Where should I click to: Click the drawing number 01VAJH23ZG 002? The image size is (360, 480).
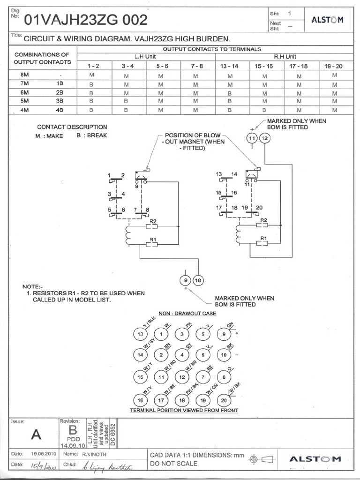point(86,20)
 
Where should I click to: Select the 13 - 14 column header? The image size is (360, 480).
point(229,66)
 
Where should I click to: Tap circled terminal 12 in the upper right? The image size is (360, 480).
point(265,138)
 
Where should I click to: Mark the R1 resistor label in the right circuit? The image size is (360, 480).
point(264,238)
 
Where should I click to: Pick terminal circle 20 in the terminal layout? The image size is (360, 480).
point(225,400)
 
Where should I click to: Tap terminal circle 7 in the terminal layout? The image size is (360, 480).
point(203,377)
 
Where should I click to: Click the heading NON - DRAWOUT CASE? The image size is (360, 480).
point(187,313)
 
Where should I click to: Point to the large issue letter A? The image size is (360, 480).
point(36,435)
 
